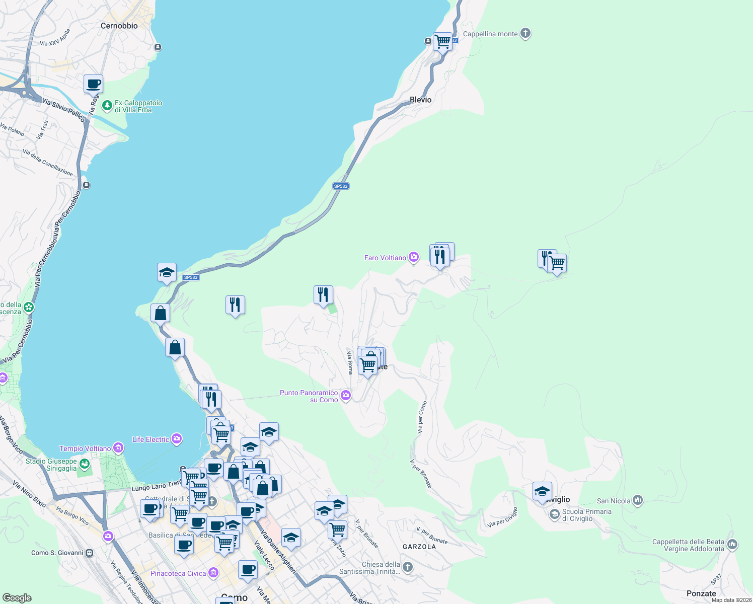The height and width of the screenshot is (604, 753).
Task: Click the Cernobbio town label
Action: tap(119, 26)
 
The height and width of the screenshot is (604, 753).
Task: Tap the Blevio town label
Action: tap(421, 100)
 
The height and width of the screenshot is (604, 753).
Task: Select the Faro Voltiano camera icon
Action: tap(414, 258)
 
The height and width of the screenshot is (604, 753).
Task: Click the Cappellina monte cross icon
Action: tap(525, 34)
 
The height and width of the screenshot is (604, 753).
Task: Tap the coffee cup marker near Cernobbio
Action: tap(93, 84)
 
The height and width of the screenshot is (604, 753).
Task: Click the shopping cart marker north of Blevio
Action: tap(442, 41)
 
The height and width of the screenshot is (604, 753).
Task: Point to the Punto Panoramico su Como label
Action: tap(309, 396)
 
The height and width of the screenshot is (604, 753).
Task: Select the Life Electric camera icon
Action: tap(177, 439)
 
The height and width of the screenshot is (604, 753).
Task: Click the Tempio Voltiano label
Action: tap(85, 448)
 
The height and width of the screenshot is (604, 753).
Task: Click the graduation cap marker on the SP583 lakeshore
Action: tap(167, 273)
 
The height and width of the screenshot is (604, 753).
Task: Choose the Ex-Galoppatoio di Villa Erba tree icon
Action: tap(107, 106)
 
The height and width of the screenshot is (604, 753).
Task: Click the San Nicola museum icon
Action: tap(638, 500)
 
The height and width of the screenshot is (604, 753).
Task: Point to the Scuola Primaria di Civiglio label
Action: tap(586, 515)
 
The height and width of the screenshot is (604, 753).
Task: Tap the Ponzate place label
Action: tap(701, 593)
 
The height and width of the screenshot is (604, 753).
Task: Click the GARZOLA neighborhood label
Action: tap(419, 547)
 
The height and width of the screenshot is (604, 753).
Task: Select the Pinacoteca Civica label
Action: tap(178, 573)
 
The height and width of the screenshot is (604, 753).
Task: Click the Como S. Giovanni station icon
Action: tap(90, 553)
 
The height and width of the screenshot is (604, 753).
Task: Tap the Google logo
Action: tap(17, 598)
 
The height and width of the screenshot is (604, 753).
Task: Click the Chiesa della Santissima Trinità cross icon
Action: tap(408, 568)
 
